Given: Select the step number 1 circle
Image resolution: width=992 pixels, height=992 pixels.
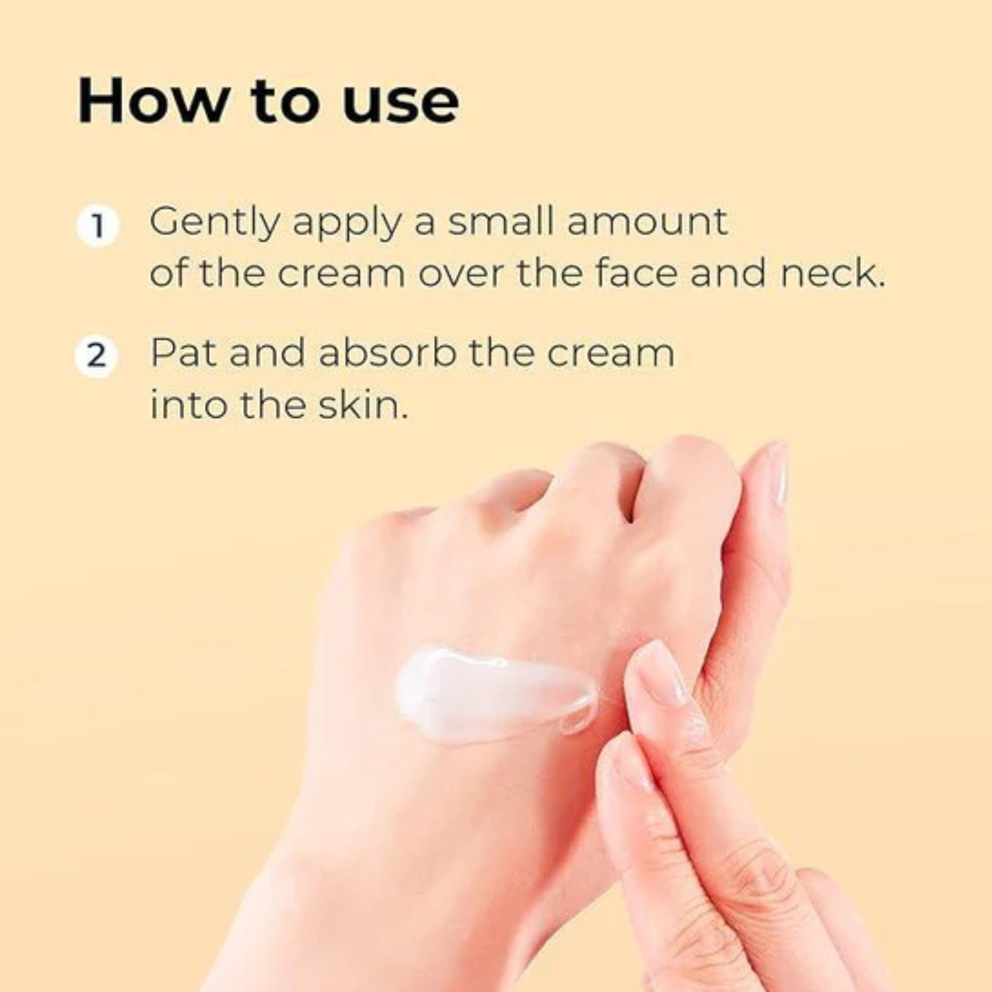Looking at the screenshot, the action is click(97, 226).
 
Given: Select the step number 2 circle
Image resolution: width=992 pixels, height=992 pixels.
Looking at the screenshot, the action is click(96, 356).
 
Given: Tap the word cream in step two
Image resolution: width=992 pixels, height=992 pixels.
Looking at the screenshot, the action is click(610, 354).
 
